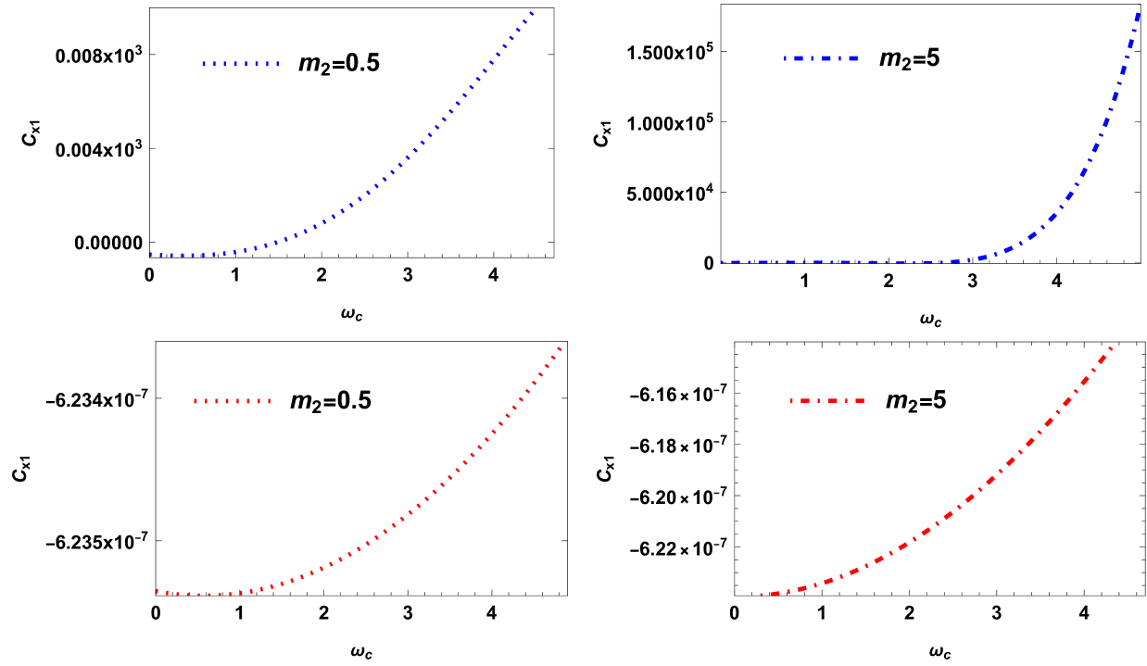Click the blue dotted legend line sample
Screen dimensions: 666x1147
click(240, 64)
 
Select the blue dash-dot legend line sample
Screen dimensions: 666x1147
click(820, 58)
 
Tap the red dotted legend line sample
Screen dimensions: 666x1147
click(232, 401)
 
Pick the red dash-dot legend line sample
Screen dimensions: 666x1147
click(826, 401)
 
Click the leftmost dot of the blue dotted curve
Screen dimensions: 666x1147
click(152, 255)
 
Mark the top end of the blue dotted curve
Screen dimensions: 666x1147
click(533, 12)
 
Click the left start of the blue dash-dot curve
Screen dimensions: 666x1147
click(723, 262)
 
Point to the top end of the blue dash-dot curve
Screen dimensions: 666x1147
click(1139, 13)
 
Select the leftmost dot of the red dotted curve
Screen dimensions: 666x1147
click(158, 591)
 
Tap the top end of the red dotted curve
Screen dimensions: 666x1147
click(563, 345)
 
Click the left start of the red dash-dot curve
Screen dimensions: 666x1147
click(762, 595)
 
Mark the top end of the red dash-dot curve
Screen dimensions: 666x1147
click(1110, 348)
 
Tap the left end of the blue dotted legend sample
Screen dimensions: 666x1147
click(204, 64)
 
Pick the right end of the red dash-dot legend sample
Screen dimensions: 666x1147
click(863, 401)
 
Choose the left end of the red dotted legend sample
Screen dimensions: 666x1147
click(195, 401)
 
